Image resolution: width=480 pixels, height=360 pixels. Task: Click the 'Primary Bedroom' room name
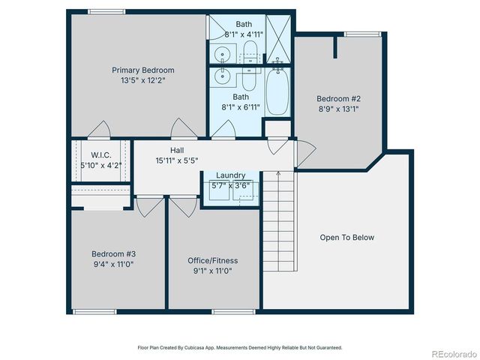(137, 70)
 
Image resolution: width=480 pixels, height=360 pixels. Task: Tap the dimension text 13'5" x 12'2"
(137, 80)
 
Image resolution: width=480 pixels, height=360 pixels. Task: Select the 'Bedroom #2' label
(338, 98)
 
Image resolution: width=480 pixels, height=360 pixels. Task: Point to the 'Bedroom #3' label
(114, 253)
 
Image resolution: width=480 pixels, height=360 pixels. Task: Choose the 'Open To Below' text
(346, 238)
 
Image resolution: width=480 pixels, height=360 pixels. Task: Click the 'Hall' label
(177, 151)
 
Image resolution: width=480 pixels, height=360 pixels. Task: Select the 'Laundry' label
(231, 175)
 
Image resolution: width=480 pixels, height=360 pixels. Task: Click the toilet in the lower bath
(250, 77)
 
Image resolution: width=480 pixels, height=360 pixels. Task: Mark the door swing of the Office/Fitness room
(181, 205)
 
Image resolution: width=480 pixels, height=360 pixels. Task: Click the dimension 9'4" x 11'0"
(114, 264)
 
